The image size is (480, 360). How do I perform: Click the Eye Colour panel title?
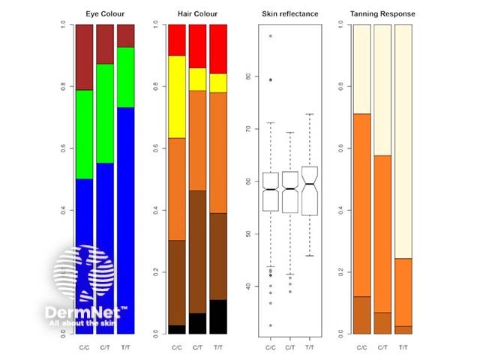coord(104,14)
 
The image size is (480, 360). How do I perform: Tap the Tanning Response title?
coord(382,14)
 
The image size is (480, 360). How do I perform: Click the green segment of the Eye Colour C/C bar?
coord(83,134)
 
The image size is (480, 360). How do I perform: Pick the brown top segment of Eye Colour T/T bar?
coord(125,35)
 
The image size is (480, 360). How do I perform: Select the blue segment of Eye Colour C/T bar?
coord(104,247)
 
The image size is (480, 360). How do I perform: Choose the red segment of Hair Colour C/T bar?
coord(197,46)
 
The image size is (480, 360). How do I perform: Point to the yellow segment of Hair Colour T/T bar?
coord(218,83)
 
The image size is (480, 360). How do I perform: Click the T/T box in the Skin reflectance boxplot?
coord(310,190)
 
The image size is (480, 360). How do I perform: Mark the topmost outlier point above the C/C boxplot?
coord(270,36)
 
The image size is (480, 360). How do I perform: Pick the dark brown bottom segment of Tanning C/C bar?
coord(362,315)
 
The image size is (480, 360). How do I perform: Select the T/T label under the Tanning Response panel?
coord(403,347)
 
